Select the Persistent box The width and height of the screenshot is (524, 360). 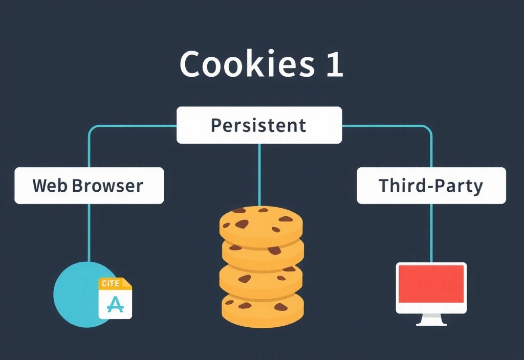[x=259, y=125]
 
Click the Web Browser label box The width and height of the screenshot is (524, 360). [x=89, y=185]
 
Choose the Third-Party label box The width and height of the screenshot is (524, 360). [x=431, y=185]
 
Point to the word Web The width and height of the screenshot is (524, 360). [x=50, y=185]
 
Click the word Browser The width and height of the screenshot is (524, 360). [x=107, y=185]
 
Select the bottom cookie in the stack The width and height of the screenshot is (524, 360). [x=262, y=309]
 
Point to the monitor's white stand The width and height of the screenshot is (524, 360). [x=431, y=321]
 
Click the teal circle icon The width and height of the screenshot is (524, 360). [x=77, y=294]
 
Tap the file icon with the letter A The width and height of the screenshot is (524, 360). [x=115, y=299]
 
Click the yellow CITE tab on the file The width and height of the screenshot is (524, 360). [x=111, y=283]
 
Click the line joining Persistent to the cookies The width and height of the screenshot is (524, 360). [x=259, y=174]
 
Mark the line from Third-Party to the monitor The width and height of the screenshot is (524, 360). [x=431, y=233]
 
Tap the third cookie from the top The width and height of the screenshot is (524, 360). [x=261, y=279]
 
